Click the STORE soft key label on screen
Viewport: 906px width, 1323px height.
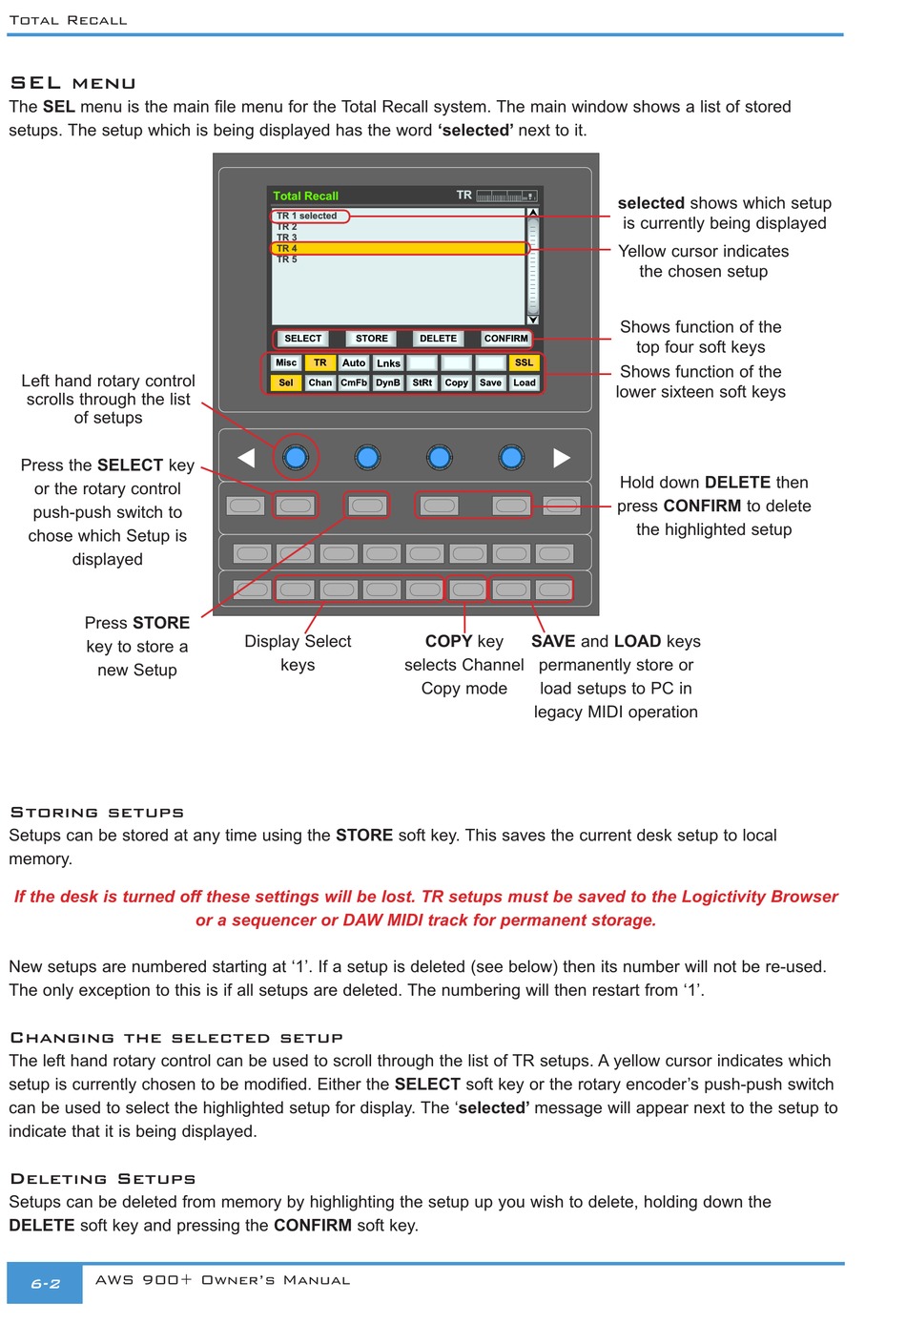[372, 339]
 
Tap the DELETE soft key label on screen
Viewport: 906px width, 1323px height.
[438, 339]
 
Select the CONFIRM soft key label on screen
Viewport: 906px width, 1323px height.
[505, 339]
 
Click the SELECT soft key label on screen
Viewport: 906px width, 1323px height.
[303, 339]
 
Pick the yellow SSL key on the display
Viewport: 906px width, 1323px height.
[525, 362]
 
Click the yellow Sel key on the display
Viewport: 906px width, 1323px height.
[286, 382]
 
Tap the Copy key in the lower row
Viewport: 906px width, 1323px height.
[457, 382]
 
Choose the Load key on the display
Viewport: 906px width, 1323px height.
[525, 382]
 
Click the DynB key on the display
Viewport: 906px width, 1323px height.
[388, 382]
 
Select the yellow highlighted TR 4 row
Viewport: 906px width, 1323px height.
[399, 248]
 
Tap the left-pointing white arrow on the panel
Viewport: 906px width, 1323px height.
[246, 458]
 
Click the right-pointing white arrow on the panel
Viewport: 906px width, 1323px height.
[563, 458]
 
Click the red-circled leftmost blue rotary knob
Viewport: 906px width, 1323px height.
[296, 458]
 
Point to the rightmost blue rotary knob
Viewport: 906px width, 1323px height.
[511, 458]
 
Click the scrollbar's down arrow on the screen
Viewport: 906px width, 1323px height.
[533, 320]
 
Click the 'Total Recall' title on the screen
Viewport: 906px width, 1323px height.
[305, 196]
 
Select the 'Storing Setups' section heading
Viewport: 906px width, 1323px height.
[96, 813]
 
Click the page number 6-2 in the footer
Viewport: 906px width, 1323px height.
[45, 1284]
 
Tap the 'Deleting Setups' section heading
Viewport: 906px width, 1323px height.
[102, 1179]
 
